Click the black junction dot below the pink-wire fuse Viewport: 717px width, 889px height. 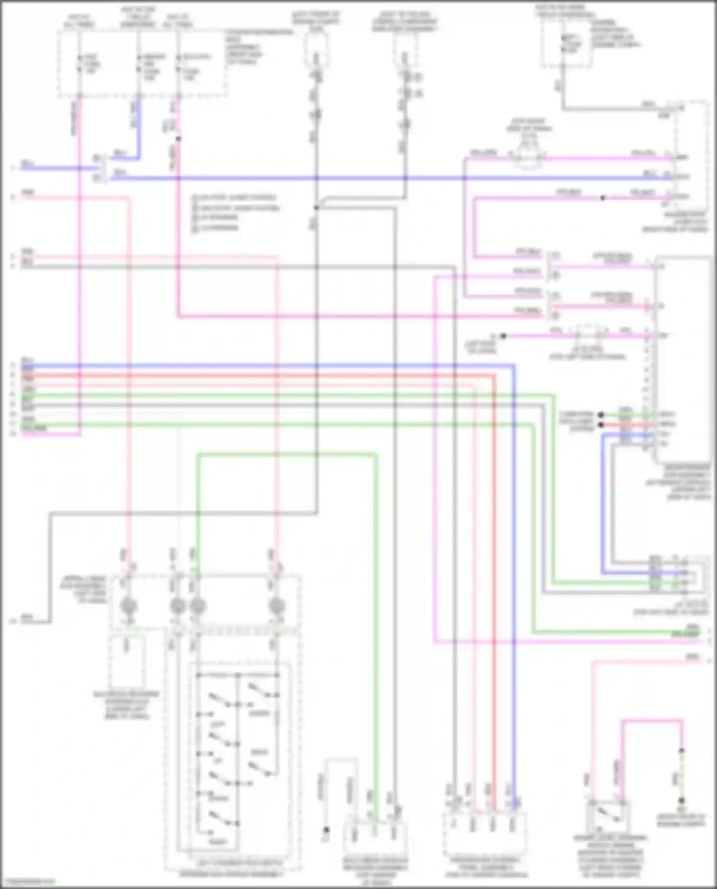click(178, 139)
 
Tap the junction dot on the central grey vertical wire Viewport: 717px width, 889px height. click(316, 208)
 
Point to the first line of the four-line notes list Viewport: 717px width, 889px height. click(234, 197)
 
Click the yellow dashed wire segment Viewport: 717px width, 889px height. click(682, 776)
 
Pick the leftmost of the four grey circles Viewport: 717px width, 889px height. click(128, 606)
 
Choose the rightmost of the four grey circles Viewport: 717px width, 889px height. click(276, 606)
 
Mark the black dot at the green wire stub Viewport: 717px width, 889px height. click(601, 415)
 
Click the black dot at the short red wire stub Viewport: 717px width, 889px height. click(601, 424)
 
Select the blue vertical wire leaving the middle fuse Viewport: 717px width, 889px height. click(139, 129)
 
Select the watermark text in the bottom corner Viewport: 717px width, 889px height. click(28, 881)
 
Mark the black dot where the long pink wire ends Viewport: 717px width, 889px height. click(503, 336)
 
